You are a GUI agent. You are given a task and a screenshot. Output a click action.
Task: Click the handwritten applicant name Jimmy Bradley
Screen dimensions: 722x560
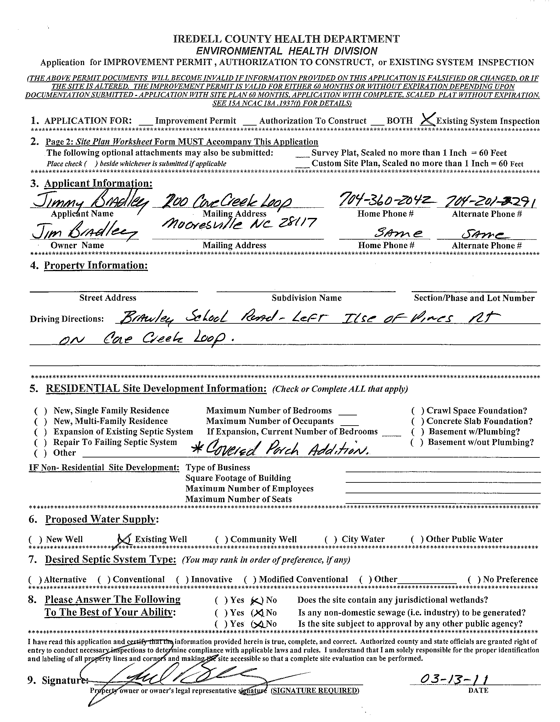coord(89,200)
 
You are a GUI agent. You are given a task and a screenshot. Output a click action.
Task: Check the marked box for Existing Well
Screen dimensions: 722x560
coord(124,539)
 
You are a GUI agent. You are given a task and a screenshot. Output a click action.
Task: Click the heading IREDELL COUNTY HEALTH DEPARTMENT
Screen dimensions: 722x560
coord(286,39)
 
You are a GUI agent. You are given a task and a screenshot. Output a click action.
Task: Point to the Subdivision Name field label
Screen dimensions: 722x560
coord(306,298)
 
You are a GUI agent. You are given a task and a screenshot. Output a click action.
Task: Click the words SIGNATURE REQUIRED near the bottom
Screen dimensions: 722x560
coord(315,690)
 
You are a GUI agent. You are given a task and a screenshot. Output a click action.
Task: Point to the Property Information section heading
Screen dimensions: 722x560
coord(96,266)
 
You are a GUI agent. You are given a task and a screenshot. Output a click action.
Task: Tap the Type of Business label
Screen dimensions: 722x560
coord(218,467)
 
